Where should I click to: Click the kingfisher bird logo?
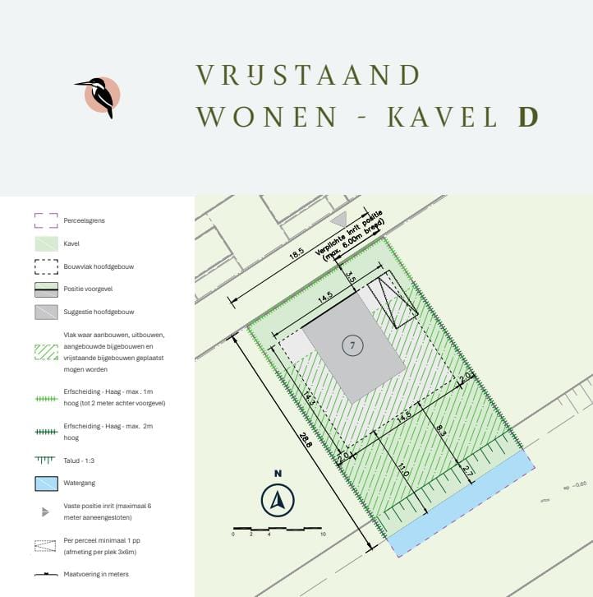[x=101, y=96]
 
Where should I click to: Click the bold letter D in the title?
[x=527, y=118]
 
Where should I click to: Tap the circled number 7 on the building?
[x=352, y=346]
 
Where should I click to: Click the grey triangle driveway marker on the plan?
[x=338, y=220]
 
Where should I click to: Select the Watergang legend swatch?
[x=46, y=483]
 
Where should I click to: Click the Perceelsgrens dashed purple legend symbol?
[x=46, y=220]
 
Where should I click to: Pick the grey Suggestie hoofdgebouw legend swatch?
[x=46, y=312]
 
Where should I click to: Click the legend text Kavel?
[x=72, y=243]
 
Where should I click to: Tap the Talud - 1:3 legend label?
[x=80, y=460]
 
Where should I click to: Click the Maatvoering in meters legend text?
[x=95, y=574]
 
